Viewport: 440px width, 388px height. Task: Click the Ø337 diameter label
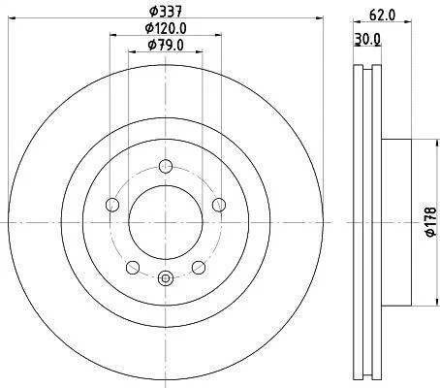click(x=166, y=12)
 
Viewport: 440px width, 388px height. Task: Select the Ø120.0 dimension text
click(x=166, y=28)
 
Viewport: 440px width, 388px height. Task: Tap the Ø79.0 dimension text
click(x=166, y=45)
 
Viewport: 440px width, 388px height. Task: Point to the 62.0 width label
click(x=383, y=16)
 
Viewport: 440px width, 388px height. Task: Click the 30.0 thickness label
click(x=367, y=39)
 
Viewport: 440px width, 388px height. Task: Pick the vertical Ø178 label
click(x=431, y=222)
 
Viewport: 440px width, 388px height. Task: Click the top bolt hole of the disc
click(x=166, y=167)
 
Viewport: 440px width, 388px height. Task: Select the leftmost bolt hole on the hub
click(x=112, y=205)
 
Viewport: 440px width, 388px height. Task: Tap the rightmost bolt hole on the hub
click(x=219, y=205)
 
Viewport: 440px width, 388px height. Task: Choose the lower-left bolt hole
click(x=133, y=268)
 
